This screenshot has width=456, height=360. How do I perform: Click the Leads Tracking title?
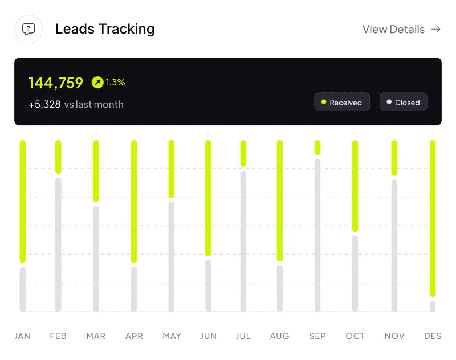tap(105, 29)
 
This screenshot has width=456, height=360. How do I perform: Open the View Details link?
tap(401, 30)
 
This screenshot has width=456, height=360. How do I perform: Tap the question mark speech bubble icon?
tap(28, 29)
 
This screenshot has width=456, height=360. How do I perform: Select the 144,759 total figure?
tap(56, 83)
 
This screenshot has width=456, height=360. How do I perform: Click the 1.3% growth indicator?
tap(109, 83)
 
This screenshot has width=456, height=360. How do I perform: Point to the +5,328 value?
tap(44, 104)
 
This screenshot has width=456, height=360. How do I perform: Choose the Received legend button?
tap(342, 103)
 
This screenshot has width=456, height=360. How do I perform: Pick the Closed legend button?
tap(403, 103)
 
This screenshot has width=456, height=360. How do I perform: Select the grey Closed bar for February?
tap(58, 244)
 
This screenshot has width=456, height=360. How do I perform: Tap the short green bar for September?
tap(317, 148)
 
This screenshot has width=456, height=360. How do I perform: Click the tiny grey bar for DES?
tap(433, 306)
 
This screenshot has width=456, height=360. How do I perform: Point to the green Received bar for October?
tap(355, 186)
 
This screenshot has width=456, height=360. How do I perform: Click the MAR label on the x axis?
tap(96, 336)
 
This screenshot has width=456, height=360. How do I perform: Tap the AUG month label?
tap(280, 336)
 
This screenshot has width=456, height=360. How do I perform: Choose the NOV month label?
tap(394, 336)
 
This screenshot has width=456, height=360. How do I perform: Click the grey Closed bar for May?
tap(172, 256)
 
